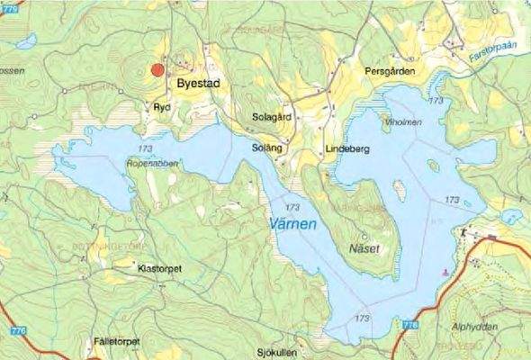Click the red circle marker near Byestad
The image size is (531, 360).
pos(157,69)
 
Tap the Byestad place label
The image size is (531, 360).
pos(199,82)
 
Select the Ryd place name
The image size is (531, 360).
pos(161,106)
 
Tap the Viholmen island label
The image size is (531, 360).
pos(401,121)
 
